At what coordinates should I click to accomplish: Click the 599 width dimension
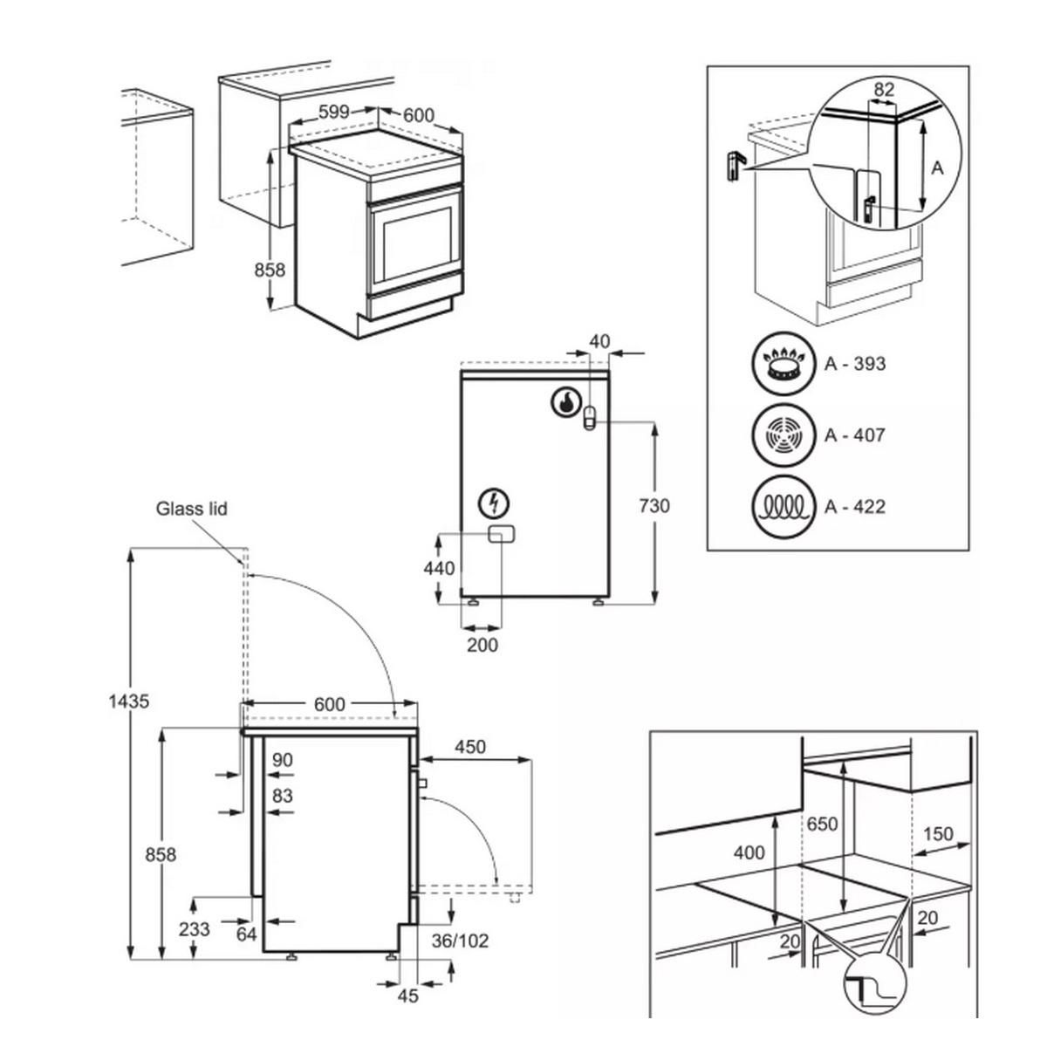coord(333,112)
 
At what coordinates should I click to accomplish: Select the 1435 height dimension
coord(130,700)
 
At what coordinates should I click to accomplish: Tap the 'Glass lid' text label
coord(192,508)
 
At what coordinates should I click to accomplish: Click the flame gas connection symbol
coord(565,402)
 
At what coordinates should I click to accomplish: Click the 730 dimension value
coord(654,505)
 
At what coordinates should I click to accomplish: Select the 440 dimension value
coord(439,569)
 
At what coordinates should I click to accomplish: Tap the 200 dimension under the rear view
coord(482,645)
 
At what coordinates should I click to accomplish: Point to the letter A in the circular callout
coord(937,168)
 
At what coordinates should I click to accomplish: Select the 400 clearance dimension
coord(749,852)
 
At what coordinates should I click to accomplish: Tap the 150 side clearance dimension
coord(938,833)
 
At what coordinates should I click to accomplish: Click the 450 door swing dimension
coord(469,747)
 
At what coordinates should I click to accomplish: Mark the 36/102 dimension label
coord(461,941)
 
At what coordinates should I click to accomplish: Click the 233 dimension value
coord(193,929)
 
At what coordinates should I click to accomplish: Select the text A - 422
coord(855,506)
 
